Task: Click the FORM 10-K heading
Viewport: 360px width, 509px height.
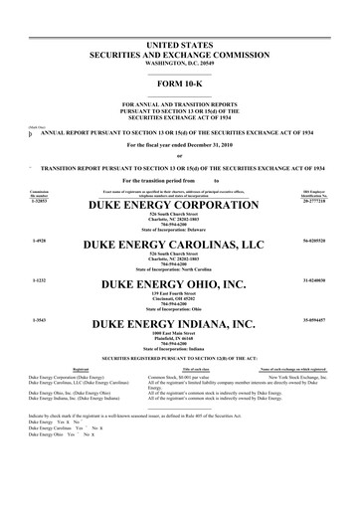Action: pos(179,83)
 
